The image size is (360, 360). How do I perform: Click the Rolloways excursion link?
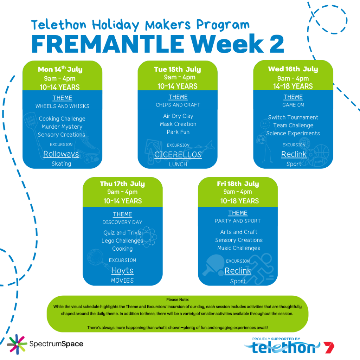coord(61,154)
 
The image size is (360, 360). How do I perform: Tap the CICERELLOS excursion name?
coord(178,155)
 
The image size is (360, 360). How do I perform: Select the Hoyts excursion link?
coord(122,271)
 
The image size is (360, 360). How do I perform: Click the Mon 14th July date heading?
coord(60,69)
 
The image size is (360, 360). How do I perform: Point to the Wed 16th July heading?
coord(293,69)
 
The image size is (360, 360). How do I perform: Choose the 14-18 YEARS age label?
coord(293,86)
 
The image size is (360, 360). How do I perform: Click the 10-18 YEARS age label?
coord(239,201)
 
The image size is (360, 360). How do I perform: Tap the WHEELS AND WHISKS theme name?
coord(62,106)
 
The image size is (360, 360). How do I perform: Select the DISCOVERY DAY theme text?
coord(122,222)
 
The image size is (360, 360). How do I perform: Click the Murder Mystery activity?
coord(62,127)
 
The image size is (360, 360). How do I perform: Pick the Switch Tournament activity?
coord(293,117)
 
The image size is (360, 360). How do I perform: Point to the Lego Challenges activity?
coord(122,241)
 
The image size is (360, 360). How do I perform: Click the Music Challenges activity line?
coord(239,248)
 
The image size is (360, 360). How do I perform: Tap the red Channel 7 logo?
coord(329,347)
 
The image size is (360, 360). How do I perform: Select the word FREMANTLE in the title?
coord(108,44)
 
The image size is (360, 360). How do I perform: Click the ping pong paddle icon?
coord(213,265)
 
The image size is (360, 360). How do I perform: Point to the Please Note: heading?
coord(178,300)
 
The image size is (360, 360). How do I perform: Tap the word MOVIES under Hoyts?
coord(122,281)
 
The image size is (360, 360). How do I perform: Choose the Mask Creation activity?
coord(178,124)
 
